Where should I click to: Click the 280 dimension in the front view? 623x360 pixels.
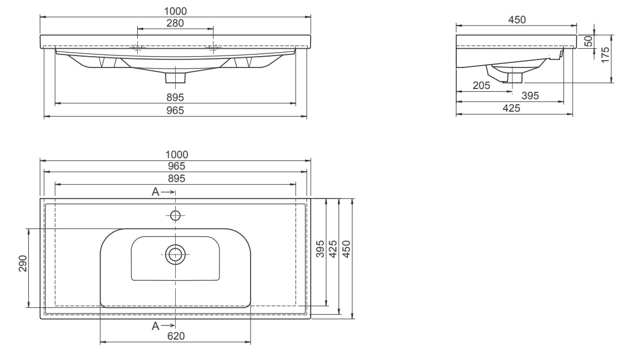click(176, 23)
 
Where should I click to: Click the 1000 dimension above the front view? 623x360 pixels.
click(176, 11)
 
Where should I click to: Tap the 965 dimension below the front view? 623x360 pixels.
click(176, 112)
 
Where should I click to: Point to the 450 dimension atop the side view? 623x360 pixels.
click(516, 20)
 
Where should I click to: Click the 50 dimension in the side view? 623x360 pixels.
click(588, 41)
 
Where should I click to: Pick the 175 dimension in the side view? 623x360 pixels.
click(606, 55)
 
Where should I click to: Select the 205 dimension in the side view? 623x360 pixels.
click(482, 86)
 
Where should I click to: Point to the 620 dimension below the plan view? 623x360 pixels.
click(176, 336)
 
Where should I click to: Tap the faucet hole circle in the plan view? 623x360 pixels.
click(175, 215)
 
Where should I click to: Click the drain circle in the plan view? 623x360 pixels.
click(175, 254)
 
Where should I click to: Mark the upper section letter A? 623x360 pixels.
click(155, 192)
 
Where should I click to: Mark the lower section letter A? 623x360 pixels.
click(155, 325)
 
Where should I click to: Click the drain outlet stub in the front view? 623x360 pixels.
click(175, 77)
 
